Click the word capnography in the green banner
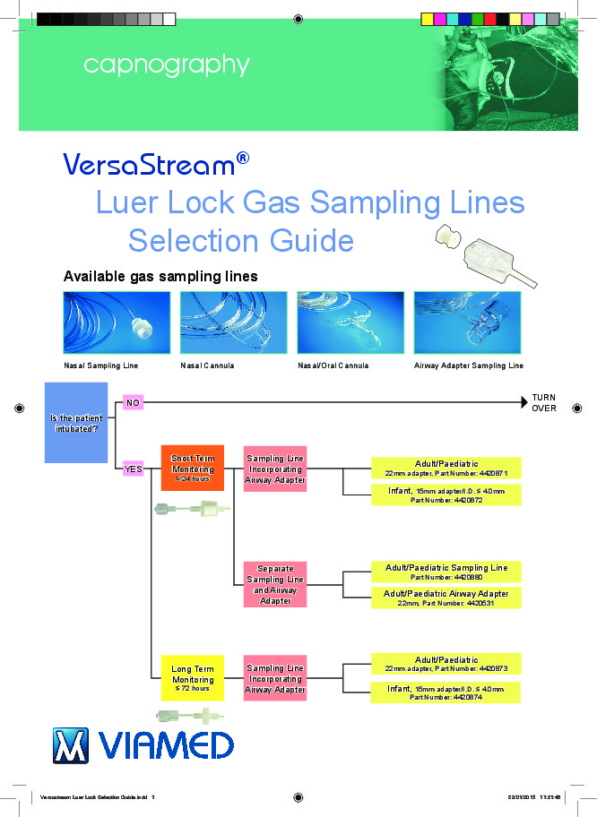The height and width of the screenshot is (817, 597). (x=166, y=65)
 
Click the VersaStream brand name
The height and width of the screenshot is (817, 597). (x=149, y=164)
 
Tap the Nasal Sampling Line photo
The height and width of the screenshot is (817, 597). (x=117, y=322)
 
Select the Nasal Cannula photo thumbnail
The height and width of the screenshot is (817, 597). (x=233, y=322)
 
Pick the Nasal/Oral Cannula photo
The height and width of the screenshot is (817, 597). (x=350, y=322)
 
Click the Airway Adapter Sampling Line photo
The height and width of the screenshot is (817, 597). (x=468, y=322)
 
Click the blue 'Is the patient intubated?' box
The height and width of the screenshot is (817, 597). (x=76, y=423)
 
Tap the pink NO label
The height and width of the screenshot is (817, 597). (x=133, y=403)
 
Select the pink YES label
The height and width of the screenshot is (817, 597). (x=133, y=469)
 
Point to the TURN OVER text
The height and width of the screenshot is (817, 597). (x=544, y=402)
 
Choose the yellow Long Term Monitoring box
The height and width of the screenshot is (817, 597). (x=192, y=679)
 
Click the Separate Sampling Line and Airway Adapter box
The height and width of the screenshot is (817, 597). (x=275, y=584)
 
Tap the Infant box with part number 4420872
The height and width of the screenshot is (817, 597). (x=446, y=494)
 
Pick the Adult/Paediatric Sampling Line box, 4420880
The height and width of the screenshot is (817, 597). (x=446, y=572)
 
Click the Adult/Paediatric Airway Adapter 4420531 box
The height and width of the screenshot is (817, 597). (x=446, y=598)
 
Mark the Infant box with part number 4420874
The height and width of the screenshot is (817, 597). (x=446, y=692)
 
